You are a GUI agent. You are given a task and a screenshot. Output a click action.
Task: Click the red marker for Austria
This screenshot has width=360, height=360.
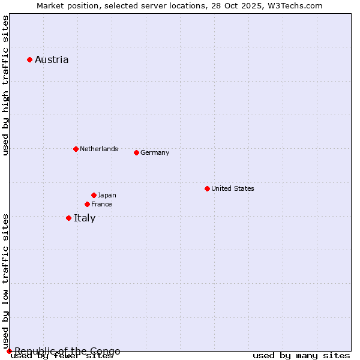[x=29, y=59]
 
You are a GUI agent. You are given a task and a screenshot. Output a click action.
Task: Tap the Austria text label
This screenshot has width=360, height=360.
[x=52, y=59]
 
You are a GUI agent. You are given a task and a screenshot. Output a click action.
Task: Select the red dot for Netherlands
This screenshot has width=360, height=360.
[x=76, y=149]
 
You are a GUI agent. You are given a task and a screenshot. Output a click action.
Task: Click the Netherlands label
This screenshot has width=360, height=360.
[x=99, y=149]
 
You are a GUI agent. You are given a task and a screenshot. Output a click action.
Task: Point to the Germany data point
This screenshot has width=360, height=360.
[x=136, y=152]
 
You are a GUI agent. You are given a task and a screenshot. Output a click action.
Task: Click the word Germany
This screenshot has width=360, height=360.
[x=155, y=152]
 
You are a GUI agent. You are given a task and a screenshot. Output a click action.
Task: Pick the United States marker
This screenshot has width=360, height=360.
[x=207, y=188]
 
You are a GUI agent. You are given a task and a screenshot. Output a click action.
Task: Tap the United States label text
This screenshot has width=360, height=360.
[x=233, y=188]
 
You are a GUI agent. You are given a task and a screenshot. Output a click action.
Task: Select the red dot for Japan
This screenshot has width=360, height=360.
[x=94, y=195]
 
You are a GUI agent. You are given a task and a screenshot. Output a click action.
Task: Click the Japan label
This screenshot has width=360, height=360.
[x=107, y=195]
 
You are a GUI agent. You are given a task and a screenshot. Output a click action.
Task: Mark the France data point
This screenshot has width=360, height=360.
[x=87, y=204]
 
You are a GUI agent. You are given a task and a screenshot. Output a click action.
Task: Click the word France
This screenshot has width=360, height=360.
[x=101, y=204]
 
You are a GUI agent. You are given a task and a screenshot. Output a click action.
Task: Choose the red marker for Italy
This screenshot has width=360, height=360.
[x=68, y=218]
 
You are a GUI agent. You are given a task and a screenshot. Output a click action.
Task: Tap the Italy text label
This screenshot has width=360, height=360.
[x=85, y=218]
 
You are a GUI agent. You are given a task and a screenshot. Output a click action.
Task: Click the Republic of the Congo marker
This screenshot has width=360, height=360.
[x=9, y=351]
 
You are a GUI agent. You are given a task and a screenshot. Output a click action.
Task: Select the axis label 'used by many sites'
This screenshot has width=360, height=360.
[x=301, y=356]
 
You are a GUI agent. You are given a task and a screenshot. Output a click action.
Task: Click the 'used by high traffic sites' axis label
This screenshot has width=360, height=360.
[x=5, y=86]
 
